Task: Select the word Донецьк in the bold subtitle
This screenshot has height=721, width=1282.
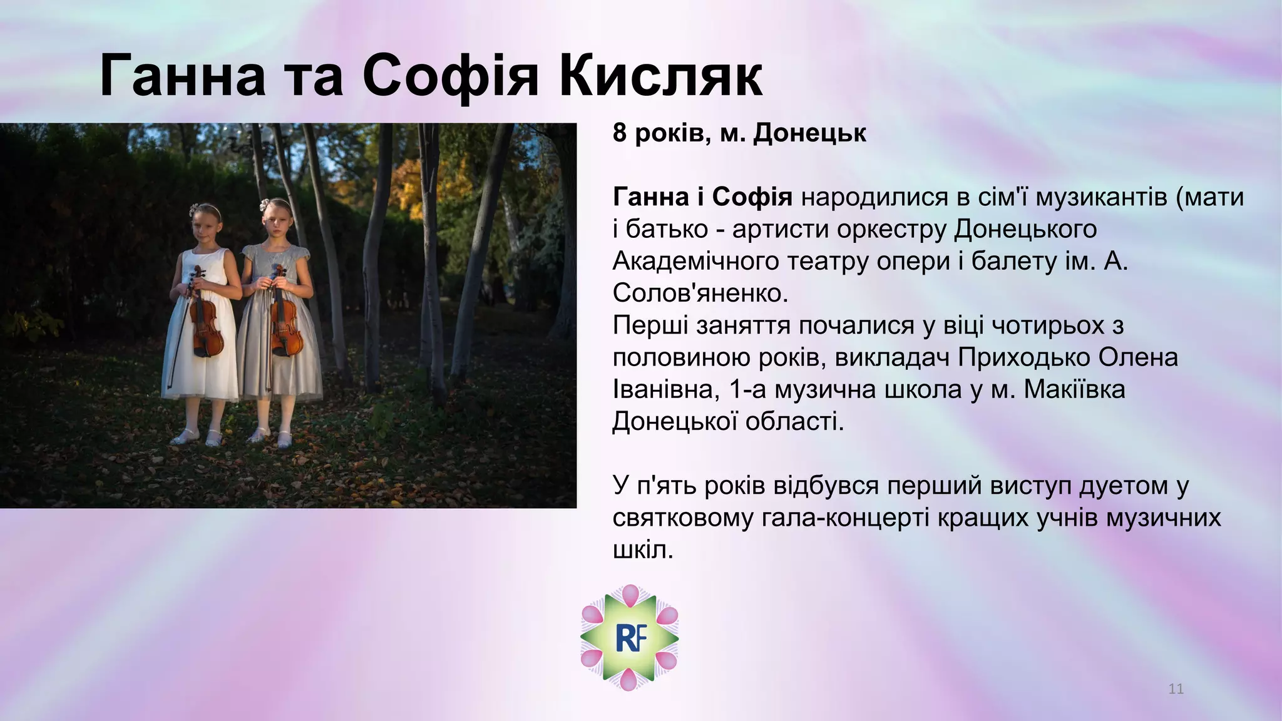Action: [x=809, y=133]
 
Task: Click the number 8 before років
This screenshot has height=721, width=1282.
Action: [x=620, y=133]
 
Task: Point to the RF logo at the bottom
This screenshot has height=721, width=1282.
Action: [x=629, y=637]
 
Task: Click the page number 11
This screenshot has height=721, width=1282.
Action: [x=1176, y=689]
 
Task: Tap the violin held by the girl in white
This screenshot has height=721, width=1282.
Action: [x=205, y=319]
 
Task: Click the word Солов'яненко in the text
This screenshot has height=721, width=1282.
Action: [x=700, y=293]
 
